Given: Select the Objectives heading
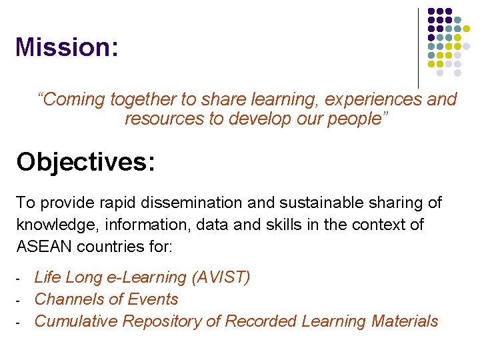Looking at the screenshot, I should [85, 161].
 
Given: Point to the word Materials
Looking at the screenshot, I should [405, 321].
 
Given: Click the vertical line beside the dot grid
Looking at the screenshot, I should [418, 47].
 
